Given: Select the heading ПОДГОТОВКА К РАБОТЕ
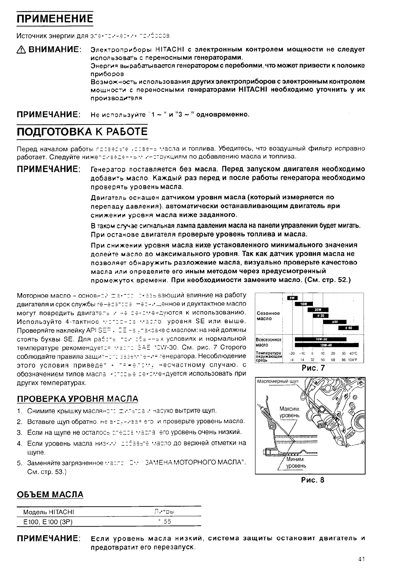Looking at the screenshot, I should click(x=82, y=131).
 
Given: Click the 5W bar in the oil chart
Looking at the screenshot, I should click(x=292, y=298).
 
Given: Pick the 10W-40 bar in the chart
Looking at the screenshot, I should click(x=320, y=345).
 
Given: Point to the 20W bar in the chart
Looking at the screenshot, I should click(x=318, y=309).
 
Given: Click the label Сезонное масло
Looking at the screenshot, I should click(x=268, y=316).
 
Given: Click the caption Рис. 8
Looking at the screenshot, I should click(x=313, y=480).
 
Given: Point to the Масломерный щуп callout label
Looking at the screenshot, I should click(x=278, y=381).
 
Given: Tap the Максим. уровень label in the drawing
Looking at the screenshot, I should click(x=290, y=412).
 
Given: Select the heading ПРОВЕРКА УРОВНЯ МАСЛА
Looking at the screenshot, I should click(x=78, y=399).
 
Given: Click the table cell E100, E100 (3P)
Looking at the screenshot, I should click(x=48, y=522).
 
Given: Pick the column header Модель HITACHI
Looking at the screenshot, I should click(x=48, y=511).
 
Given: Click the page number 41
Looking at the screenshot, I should click(x=361, y=560).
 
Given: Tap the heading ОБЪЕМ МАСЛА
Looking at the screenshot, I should click(x=50, y=494).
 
